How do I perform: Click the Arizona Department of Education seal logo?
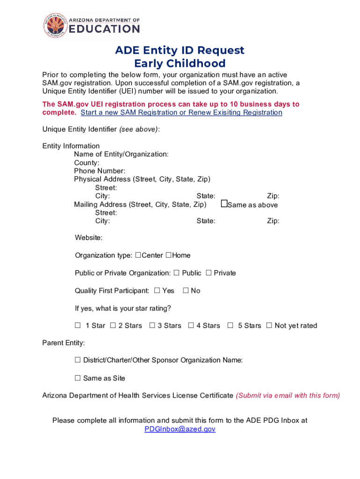point(56,25)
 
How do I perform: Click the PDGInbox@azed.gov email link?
point(180,429)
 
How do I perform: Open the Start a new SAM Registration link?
point(181,113)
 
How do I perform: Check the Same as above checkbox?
point(224,204)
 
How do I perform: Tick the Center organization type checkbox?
point(138,255)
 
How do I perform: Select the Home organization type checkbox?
point(168,255)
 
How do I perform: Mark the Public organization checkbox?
point(176,273)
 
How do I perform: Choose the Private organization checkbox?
point(209,273)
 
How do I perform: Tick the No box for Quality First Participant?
point(185,290)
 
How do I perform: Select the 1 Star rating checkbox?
point(78,326)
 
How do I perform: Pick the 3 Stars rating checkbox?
point(152,326)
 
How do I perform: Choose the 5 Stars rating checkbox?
point(230,326)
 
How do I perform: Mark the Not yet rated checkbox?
point(269,326)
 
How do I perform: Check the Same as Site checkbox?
point(78,378)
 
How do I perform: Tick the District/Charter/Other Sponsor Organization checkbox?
point(78,360)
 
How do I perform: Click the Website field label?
point(88,238)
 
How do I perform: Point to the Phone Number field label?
point(99,171)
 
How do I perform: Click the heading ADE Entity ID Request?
point(180,50)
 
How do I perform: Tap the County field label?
point(86,163)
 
